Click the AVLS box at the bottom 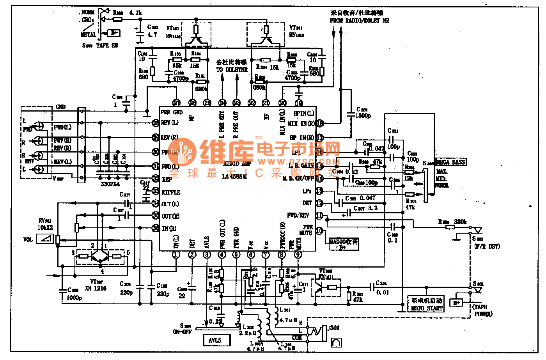[x=216, y=340]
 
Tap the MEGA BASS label [x=451, y=162]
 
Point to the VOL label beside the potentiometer [x=28, y=239]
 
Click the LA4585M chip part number [x=234, y=176]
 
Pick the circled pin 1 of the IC [x=176, y=255]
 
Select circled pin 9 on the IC [x=298, y=255]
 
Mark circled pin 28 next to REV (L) [x=156, y=123]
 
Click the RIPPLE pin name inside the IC [x=171, y=192]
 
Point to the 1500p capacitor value [x=363, y=116]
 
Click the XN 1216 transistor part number [x=96, y=288]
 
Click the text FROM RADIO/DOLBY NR [x=359, y=20]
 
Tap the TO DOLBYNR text [x=232, y=69]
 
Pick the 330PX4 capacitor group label [x=110, y=184]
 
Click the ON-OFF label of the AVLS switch [x=182, y=332]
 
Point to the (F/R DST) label [x=487, y=246]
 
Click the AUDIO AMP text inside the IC [x=237, y=164]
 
